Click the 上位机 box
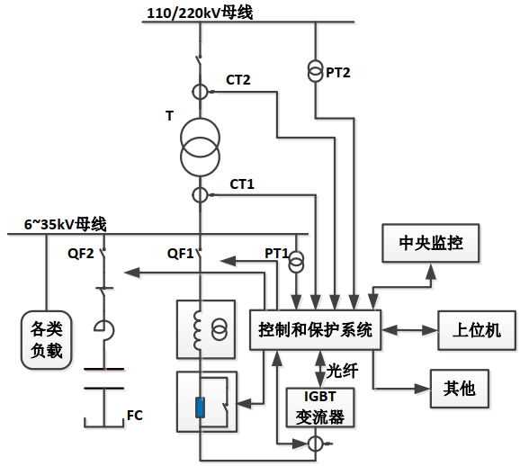pos(476,330)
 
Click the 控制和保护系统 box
pos(315,329)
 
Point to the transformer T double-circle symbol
pos(199,143)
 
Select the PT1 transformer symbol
pos(296,261)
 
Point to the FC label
pos(134,416)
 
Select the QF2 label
pos(81,253)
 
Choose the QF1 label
pos(180,253)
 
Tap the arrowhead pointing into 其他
pos(423,389)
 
